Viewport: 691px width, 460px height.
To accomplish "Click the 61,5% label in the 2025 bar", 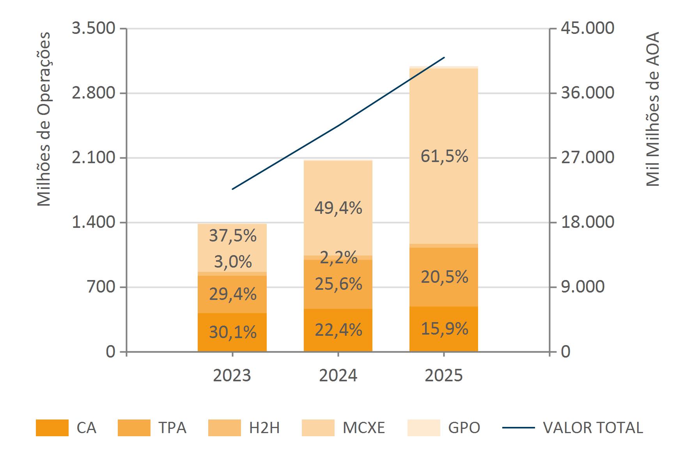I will point(444,157).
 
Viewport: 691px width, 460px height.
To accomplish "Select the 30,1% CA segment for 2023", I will point(232,332).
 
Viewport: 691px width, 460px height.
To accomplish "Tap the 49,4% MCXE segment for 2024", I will point(338,209).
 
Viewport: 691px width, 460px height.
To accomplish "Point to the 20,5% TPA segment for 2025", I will point(444,277).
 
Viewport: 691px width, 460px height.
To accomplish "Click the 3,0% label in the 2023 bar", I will point(232,262).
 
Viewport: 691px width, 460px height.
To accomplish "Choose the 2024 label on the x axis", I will point(338,375).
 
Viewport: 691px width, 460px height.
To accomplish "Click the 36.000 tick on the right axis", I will point(587,93).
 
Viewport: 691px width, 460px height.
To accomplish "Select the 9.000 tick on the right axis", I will point(583,287).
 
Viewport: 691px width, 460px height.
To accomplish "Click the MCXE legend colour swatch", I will point(318,428).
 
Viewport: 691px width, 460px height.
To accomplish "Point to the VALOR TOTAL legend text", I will point(593,428).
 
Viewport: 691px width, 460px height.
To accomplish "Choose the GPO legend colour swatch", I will point(423,428).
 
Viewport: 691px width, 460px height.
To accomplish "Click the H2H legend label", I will point(264,428).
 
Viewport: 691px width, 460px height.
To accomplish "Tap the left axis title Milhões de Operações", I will point(44,119).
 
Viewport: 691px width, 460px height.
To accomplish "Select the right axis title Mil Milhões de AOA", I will point(652,109).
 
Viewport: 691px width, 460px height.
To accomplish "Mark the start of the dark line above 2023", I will point(232,189).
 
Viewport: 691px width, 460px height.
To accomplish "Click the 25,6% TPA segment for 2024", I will point(338,284).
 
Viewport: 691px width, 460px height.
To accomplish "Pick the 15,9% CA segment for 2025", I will point(444,329).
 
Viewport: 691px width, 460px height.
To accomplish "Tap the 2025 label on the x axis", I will point(444,375).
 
